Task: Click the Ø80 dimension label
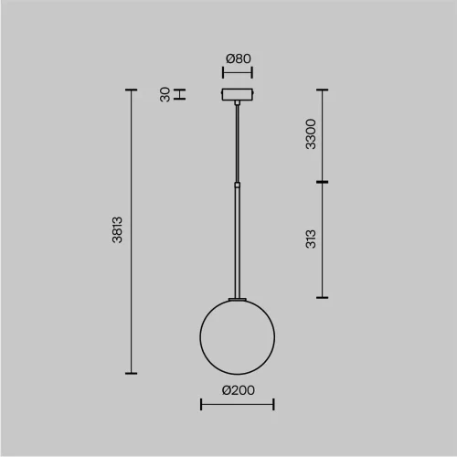click(239, 58)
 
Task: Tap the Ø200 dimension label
click(239, 390)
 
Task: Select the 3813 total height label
click(117, 229)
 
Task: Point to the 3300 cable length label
click(311, 134)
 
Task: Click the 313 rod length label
click(311, 239)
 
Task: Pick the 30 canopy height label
click(165, 94)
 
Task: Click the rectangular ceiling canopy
click(238, 94)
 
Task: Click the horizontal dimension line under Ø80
click(238, 72)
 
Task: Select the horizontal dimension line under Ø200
click(238, 404)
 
